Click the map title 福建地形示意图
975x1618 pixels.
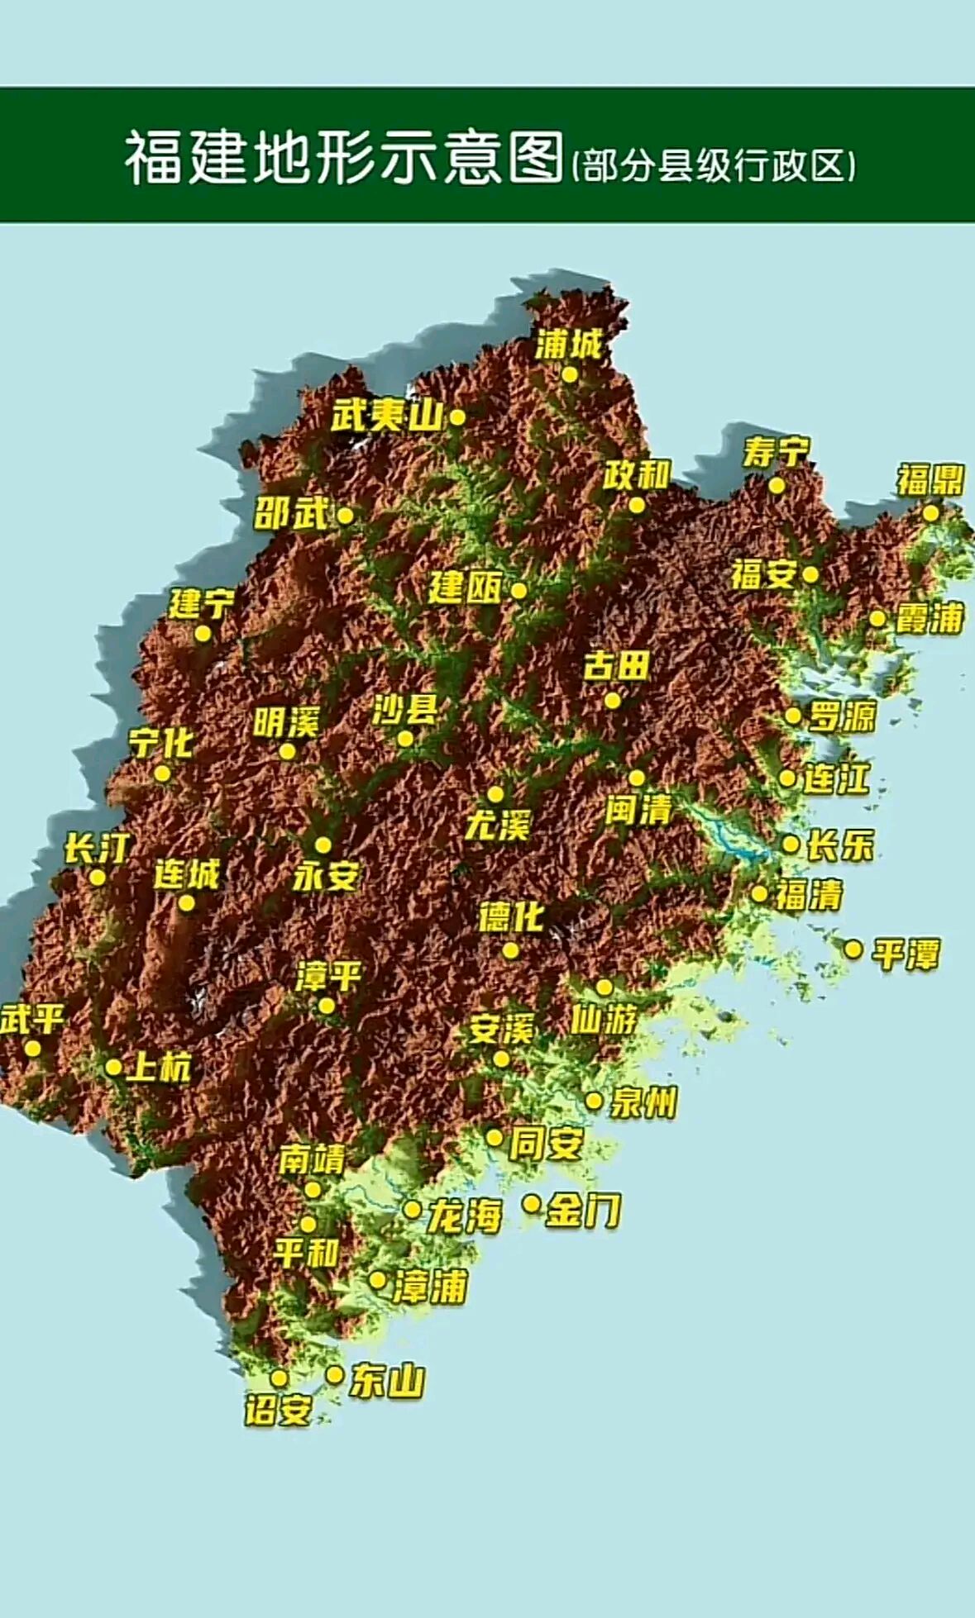(x=343, y=157)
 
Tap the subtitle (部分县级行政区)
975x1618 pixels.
(x=714, y=165)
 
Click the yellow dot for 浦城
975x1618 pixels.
(x=570, y=374)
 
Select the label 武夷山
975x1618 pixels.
(x=387, y=416)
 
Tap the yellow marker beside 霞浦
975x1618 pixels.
(x=877, y=618)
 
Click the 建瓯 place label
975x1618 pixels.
(x=465, y=588)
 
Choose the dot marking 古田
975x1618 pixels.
(x=612, y=701)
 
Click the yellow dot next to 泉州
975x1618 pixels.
(x=594, y=1101)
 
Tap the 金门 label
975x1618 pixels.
(x=584, y=1211)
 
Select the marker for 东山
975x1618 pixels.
(x=334, y=1374)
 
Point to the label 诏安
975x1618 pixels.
(x=278, y=1410)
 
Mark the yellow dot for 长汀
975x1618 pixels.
(x=98, y=878)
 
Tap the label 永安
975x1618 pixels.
(x=326, y=876)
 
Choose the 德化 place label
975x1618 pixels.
(x=511, y=917)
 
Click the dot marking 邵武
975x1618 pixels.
(x=346, y=516)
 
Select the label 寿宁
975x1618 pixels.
(x=776, y=453)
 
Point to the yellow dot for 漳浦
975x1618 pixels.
(x=377, y=1280)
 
